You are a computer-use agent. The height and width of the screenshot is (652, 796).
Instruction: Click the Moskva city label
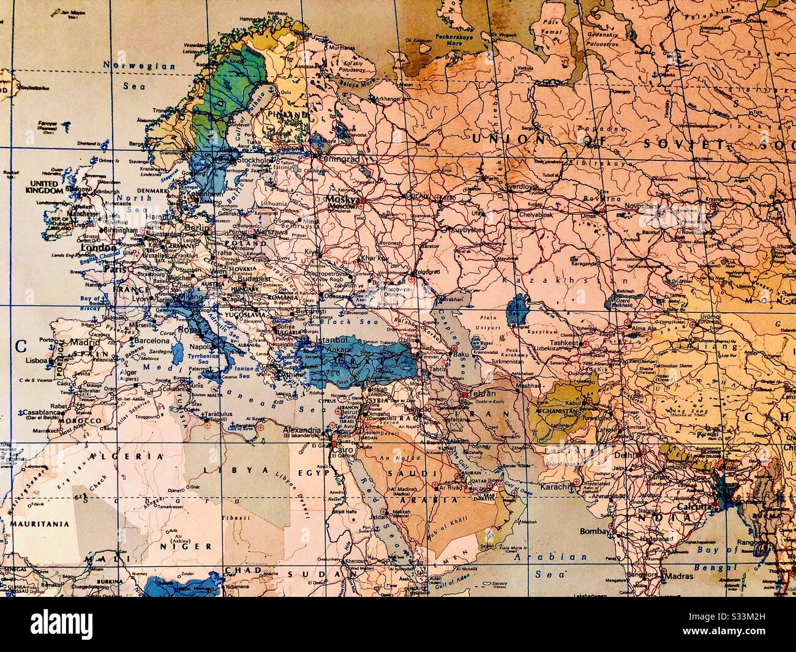click(342, 200)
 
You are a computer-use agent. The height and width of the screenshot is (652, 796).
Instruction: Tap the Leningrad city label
click(337, 158)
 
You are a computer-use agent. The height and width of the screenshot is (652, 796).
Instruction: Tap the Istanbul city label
click(331, 340)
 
